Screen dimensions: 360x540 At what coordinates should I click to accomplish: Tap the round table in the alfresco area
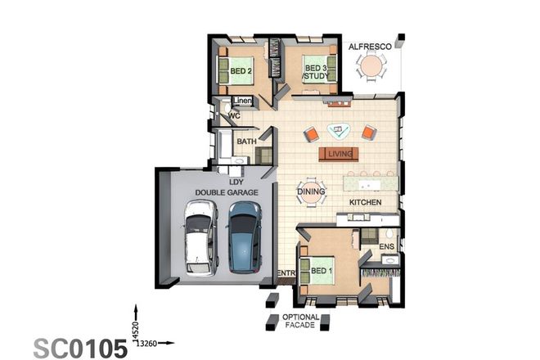pos(373,71)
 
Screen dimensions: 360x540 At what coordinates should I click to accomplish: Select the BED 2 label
pos(240,71)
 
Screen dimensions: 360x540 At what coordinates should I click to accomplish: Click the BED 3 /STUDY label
pos(315,72)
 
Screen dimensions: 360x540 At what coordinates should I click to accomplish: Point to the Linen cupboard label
pos(243,101)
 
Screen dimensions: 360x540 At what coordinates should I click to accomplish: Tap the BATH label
pos(246,142)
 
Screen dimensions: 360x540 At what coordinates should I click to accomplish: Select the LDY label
pos(236,181)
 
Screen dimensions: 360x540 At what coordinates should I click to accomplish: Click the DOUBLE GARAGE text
pos(226,191)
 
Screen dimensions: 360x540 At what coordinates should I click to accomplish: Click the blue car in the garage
pos(244,236)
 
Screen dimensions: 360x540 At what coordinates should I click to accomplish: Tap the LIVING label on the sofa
pos(339,154)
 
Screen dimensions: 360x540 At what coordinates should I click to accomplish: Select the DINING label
pos(311,191)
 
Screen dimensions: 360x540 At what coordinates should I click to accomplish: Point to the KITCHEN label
pos(366,201)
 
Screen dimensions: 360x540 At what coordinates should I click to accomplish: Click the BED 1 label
pos(322,269)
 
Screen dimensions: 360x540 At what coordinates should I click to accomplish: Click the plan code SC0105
pos(80,347)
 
